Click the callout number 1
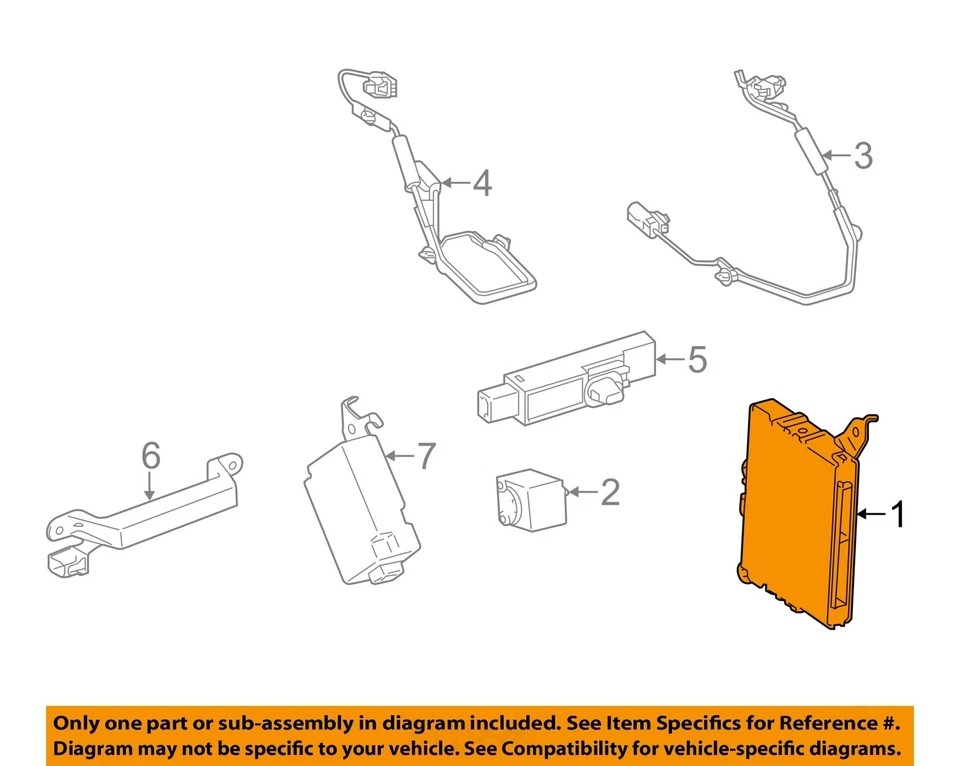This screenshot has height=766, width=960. [x=897, y=515]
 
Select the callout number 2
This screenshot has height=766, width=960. [x=608, y=491]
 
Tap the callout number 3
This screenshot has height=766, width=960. [x=862, y=155]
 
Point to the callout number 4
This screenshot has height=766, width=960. [x=482, y=183]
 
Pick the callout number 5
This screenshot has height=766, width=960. [x=696, y=359]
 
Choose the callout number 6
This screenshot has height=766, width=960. [x=150, y=456]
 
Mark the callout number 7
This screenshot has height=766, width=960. [x=426, y=457]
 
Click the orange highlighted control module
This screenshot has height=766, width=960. [x=795, y=515]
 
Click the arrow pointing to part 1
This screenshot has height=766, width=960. [x=870, y=515]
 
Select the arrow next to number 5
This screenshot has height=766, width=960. [x=669, y=359]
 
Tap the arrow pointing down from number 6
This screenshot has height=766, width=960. [x=149, y=486]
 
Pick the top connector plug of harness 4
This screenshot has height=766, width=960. [x=381, y=88]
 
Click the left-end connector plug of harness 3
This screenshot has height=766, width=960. [x=641, y=218]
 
